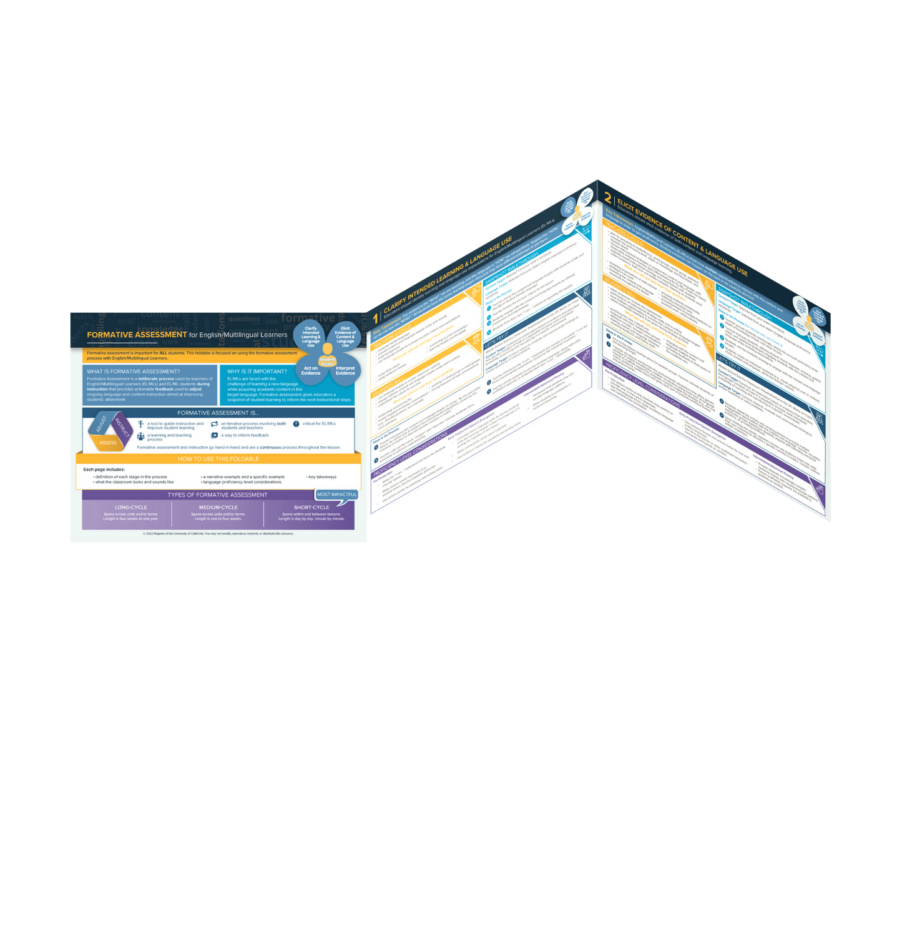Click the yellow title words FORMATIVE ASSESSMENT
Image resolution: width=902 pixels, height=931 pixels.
137,335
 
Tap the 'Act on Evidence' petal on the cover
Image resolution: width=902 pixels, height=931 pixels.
311,371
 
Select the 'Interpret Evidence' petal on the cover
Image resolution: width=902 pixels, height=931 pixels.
345,371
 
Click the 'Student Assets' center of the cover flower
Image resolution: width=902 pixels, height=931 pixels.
328,360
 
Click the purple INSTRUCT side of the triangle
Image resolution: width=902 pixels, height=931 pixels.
122,428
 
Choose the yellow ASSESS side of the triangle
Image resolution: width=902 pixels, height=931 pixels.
108,443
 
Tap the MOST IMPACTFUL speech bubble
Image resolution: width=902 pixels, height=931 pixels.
336,495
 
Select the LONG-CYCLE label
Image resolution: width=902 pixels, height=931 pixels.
131,507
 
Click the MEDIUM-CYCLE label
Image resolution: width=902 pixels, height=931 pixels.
218,507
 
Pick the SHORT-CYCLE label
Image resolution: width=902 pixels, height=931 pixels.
311,507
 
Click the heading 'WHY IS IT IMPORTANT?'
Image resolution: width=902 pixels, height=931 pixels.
257,372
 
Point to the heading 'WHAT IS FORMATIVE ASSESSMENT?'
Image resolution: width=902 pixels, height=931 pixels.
133,372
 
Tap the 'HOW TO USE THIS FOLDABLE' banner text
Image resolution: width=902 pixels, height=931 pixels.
218,459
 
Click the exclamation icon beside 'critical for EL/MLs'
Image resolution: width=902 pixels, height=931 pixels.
296,424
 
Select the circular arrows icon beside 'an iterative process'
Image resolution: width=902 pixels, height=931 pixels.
214,425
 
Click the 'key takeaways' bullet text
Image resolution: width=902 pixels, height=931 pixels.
322,477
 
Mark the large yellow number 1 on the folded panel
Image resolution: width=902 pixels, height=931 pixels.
375,318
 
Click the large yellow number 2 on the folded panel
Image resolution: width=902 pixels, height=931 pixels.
607,197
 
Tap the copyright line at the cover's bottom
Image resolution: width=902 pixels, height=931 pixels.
218,534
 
